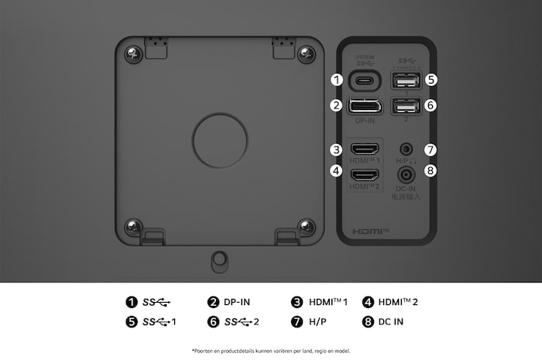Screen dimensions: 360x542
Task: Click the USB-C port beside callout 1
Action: click(x=364, y=80)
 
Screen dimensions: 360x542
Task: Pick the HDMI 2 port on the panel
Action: click(x=364, y=174)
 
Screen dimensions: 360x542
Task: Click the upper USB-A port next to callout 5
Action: click(x=405, y=80)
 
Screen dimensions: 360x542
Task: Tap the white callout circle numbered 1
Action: click(x=336, y=80)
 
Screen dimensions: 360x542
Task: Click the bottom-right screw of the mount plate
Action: click(x=307, y=227)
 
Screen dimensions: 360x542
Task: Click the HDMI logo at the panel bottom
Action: click(x=370, y=231)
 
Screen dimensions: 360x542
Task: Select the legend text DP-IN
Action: click(x=237, y=302)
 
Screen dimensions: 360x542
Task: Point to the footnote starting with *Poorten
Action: click(x=271, y=351)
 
